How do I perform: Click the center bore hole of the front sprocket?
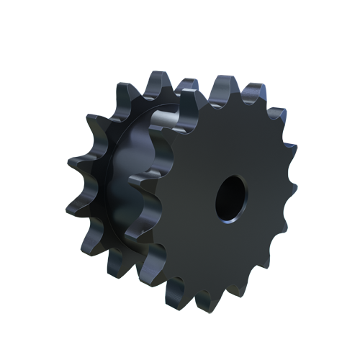point(231,195)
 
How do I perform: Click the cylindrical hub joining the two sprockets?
point(144,180)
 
